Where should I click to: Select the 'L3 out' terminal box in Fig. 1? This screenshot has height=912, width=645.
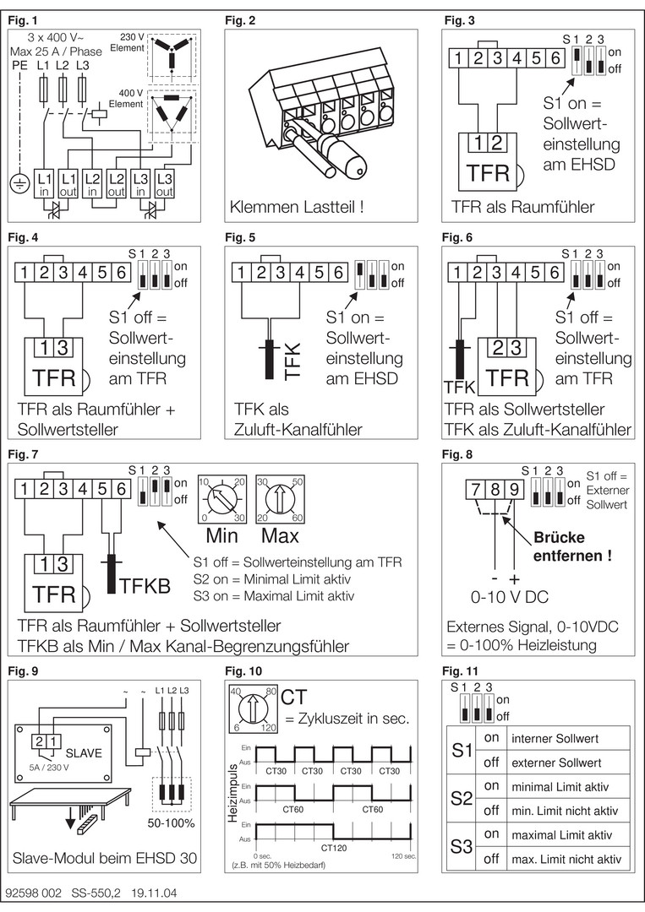click(x=165, y=184)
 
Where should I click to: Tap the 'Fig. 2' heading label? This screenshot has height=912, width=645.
click(x=240, y=21)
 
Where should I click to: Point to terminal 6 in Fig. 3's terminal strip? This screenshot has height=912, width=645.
click(x=555, y=58)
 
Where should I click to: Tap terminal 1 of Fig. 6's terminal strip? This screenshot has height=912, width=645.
click(x=457, y=272)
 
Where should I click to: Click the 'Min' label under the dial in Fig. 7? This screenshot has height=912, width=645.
click(x=221, y=535)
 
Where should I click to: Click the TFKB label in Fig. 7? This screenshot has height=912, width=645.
click(x=145, y=585)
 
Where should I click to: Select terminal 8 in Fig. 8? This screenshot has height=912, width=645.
click(x=495, y=490)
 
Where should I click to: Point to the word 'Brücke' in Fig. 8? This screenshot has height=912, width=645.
click(x=560, y=537)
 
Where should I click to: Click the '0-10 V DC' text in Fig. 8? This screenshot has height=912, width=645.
click(x=510, y=597)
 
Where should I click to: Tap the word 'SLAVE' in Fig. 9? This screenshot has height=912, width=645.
click(x=83, y=753)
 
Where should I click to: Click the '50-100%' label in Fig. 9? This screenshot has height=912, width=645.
click(x=171, y=823)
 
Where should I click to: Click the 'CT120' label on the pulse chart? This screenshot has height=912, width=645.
click(x=334, y=848)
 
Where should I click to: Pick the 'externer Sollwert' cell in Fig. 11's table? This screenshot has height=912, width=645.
click(x=556, y=763)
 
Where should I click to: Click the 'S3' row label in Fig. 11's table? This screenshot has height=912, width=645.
click(x=461, y=846)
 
